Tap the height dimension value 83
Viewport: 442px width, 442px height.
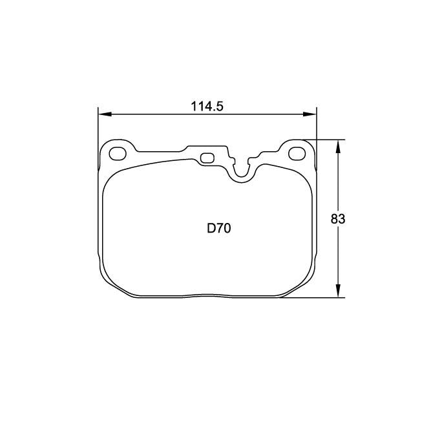coord(338,219)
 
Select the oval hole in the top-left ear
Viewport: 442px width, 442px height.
coord(118,154)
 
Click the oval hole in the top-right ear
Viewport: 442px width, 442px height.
coord(297,154)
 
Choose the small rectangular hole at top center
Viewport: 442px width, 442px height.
coord(207,158)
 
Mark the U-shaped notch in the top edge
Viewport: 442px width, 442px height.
coord(242,169)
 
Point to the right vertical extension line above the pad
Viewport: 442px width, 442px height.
coord(317,126)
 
